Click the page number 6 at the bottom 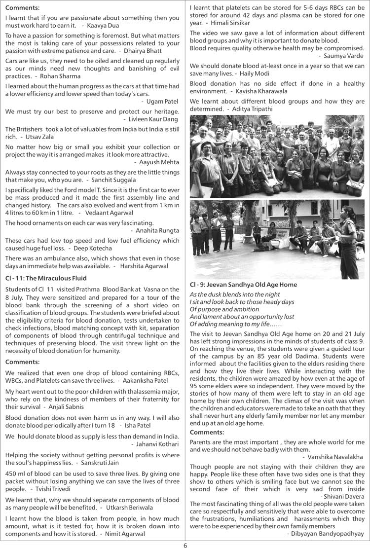(185, 545)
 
